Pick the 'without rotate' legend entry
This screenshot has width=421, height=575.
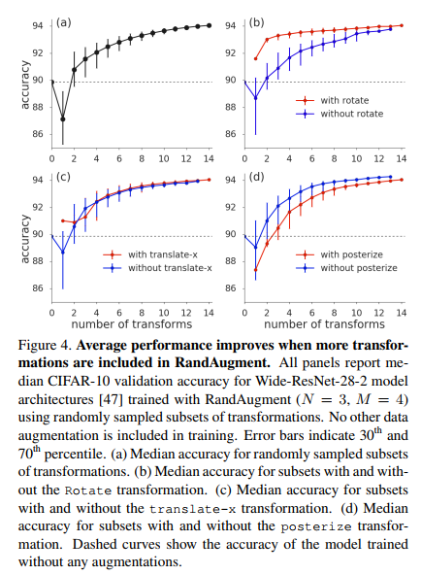click(351, 113)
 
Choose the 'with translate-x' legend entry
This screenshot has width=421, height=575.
click(155, 254)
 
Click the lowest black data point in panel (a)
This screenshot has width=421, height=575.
click(62, 119)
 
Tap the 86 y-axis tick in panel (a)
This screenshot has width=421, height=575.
click(39, 134)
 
